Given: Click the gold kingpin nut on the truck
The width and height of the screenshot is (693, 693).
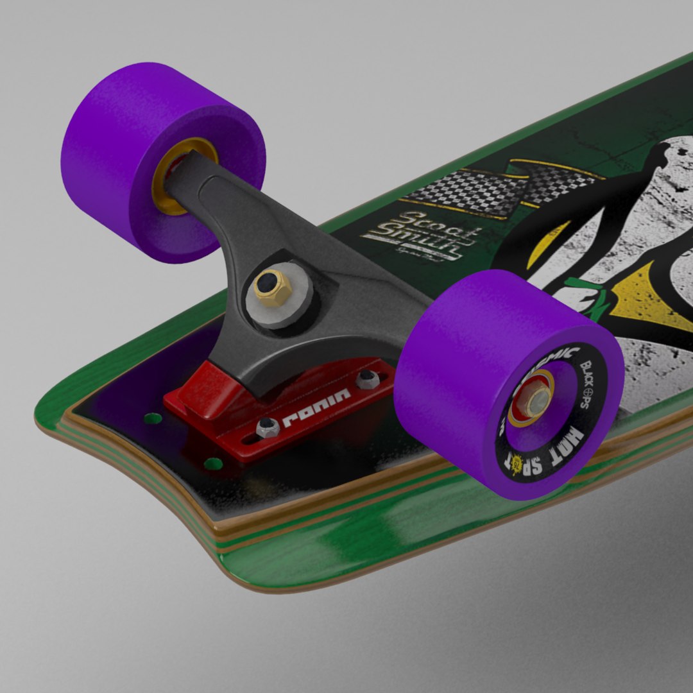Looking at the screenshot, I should (272, 286).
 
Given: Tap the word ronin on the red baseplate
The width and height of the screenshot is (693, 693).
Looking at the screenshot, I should (316, 408).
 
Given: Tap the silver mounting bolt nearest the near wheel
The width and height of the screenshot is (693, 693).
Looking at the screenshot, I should (367, 379).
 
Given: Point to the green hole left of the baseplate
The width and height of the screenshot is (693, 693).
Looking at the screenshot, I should (153, 418).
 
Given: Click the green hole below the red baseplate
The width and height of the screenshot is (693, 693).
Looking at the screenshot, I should (213, 463).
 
